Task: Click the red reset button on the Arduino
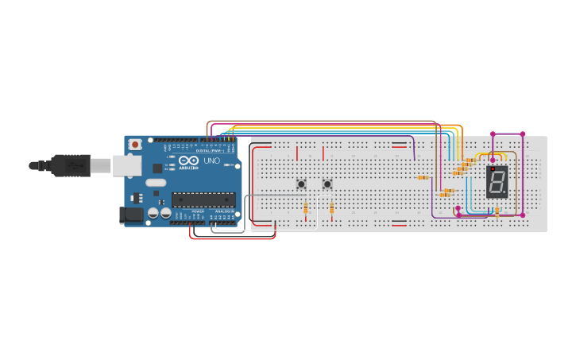point(135,145)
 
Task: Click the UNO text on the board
point(211,161)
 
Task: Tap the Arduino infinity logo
point(189,161)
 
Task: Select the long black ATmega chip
point(203,199)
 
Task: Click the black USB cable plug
point(72,165)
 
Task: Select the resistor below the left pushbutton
point(306,208)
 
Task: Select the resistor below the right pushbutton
point(331,208)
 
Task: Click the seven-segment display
point(497,183)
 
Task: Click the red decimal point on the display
point(493,169)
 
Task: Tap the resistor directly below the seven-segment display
point(497,211)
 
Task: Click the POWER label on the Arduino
point(198,211)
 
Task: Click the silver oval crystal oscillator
point(156,183)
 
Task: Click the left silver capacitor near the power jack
point(153,213)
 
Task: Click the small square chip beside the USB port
point(157,168)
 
